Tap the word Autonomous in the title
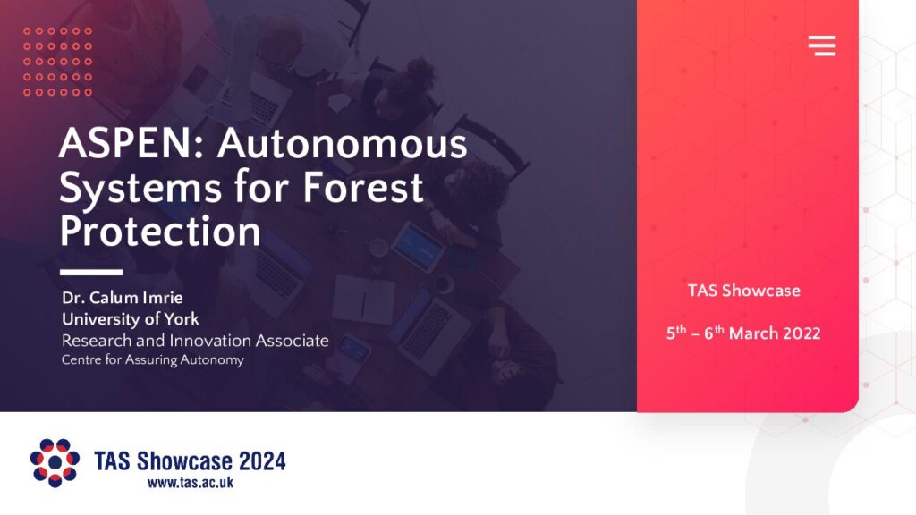[343, 143]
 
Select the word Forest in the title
[362, 187]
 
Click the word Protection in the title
[160, 232]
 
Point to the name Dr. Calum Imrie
[122, 298]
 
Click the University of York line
[131, 319]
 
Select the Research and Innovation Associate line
[195, 341]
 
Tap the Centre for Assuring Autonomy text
[152, 359]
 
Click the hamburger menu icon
[822, 46]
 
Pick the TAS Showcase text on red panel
[743, 291]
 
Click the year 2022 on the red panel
[801, 333]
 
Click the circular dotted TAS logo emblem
[55, 462]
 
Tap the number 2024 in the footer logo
[262, 461]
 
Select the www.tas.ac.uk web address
[191, 482]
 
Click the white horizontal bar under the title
[91, 272]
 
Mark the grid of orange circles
[58, 62]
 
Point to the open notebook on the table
[364, 300]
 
